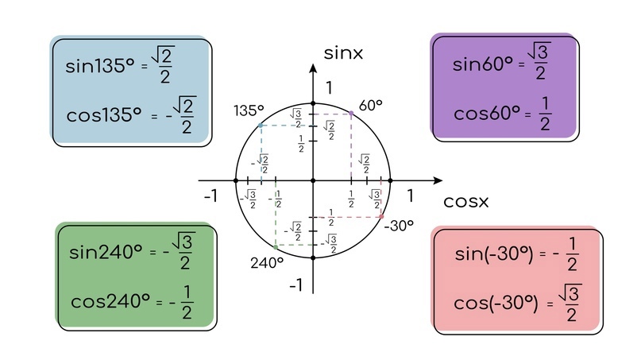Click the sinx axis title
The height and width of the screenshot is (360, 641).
343,53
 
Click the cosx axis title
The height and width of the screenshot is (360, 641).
466,201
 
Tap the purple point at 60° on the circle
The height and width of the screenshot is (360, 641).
351,114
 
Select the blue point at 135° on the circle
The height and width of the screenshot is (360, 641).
261,126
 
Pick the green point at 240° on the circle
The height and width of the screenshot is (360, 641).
276,247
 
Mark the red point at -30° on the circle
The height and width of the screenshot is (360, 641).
381,217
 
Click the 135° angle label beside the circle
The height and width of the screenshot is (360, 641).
249,110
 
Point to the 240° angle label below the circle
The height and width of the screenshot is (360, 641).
267,263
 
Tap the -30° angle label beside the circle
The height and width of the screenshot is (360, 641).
399,226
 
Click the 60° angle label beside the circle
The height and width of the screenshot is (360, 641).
370,106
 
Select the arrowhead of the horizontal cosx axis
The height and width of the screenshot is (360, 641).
438,180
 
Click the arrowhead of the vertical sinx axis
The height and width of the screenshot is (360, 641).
313,68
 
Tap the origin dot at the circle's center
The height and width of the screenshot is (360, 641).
313,180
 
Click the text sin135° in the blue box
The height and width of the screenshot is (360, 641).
100,66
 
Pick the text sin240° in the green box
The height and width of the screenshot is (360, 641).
106,252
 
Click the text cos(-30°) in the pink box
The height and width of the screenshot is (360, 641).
496,303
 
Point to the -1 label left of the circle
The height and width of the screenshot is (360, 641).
211,196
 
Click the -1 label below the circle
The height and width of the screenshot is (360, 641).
296,285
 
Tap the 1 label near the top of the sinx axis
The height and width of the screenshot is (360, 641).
329,88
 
